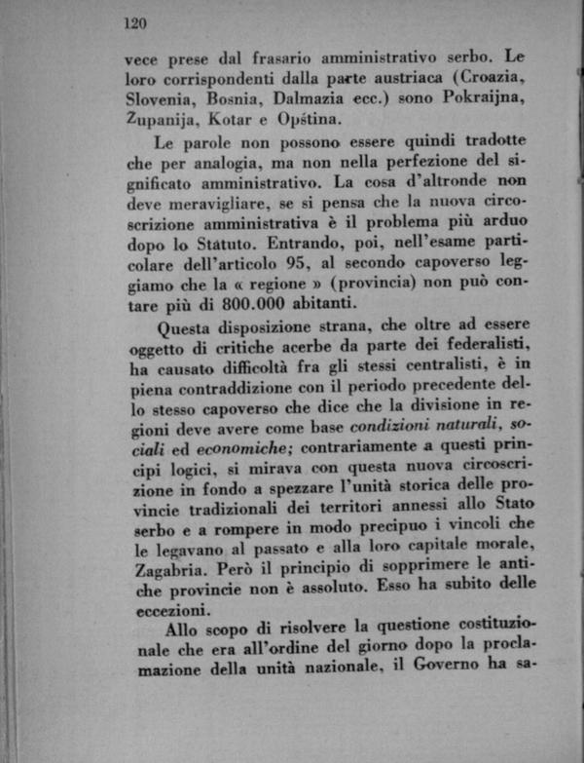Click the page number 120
(134, 21)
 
